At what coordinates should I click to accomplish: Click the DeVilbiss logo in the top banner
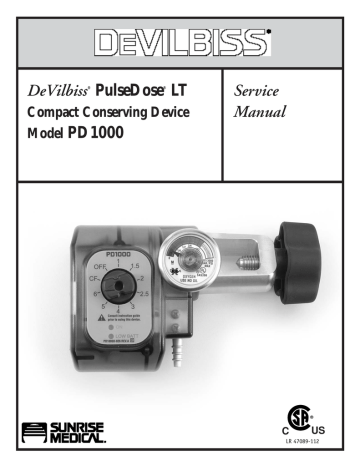tap(180, 43)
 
